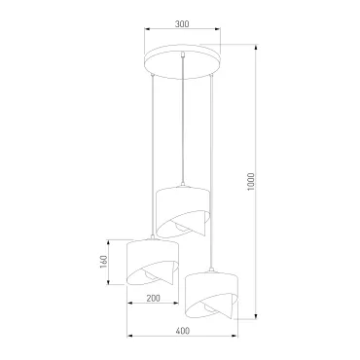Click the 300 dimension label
182,24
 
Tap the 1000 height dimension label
251,182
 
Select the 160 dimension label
103,262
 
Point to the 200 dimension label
153,298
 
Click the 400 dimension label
183,331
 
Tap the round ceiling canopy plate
182,62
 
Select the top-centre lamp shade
183,211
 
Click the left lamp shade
153,263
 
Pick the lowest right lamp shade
211,296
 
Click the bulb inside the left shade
149,275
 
